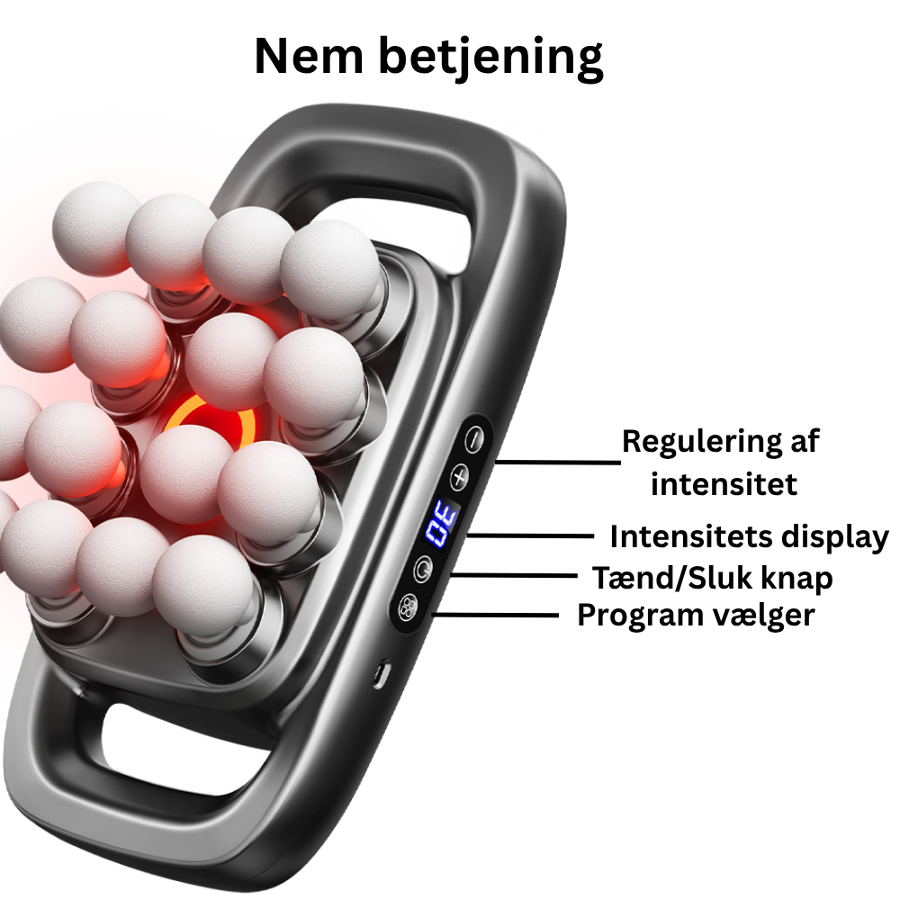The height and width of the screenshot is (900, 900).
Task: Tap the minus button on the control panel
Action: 473,439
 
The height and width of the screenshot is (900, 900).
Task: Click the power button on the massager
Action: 422,568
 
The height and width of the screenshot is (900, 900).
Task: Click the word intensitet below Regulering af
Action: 724,484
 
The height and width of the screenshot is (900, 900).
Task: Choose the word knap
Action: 795,579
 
